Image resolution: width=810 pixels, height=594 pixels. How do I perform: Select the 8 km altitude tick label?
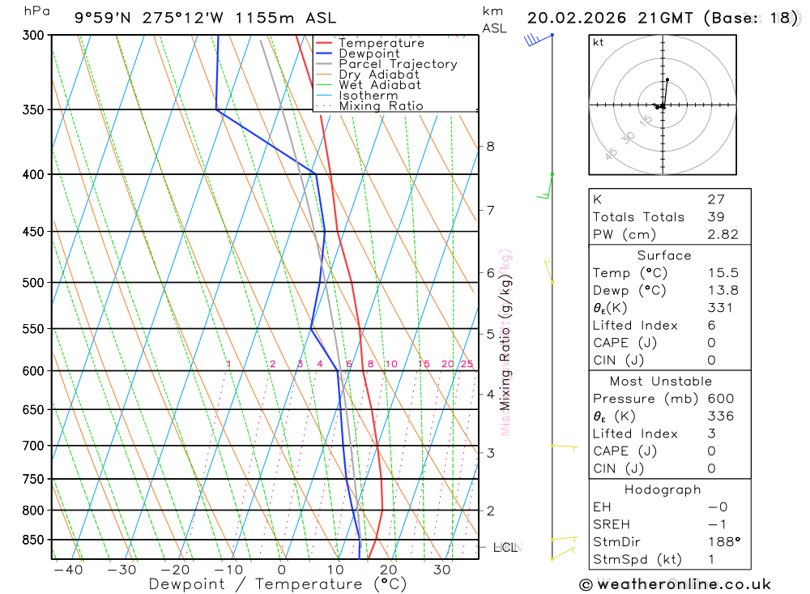coord(491,147)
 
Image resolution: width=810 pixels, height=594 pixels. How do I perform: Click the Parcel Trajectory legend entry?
coord(398,64)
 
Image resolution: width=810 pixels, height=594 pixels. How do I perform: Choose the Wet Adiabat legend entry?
coord(380,85)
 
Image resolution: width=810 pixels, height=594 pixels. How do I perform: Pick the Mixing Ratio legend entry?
coord(381,106)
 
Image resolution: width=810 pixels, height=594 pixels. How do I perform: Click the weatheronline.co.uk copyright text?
coord(675,584)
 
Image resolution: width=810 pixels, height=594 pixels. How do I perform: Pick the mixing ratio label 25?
coord(467,365)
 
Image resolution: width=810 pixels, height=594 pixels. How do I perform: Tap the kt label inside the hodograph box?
coord(599,42)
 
